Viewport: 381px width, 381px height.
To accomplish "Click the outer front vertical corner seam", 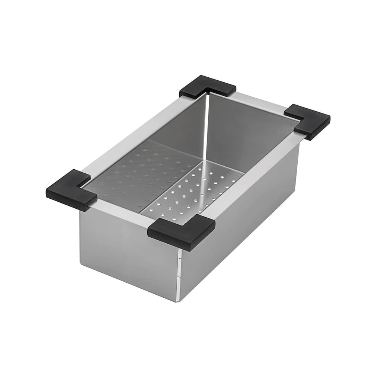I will (179, 275).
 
